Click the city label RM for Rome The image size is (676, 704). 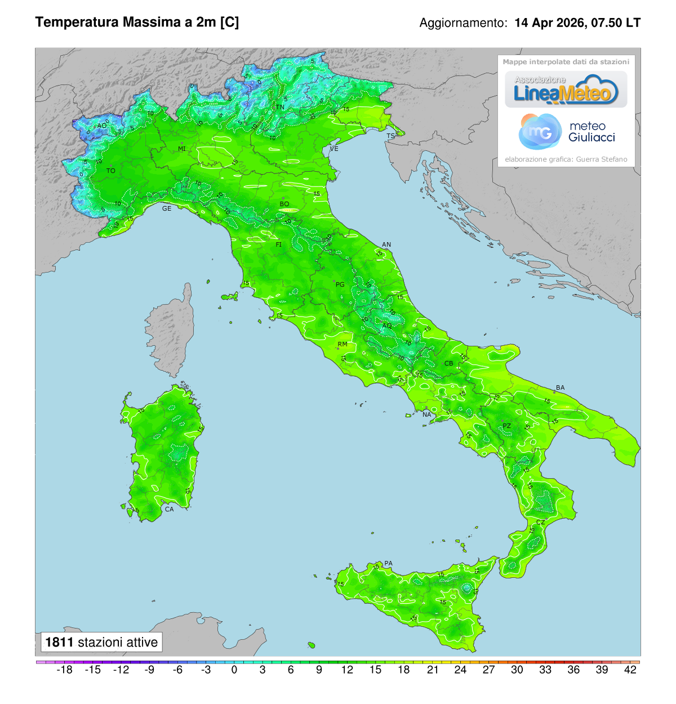343,344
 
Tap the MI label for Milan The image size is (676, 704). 182,149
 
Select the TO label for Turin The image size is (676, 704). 111,171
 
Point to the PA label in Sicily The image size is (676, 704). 388,563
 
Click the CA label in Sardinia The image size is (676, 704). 169,509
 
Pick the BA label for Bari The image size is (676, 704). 560,387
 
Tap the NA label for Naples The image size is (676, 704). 426,415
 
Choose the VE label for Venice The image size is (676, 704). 334,149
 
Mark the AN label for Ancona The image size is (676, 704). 386,244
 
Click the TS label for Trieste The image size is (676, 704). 390,136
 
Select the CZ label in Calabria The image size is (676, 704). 540,522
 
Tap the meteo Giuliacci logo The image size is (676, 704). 566,131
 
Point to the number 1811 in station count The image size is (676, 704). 59,642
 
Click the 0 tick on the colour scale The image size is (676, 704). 234,670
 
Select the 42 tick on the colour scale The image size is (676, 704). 630,670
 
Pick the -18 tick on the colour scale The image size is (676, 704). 65,670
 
